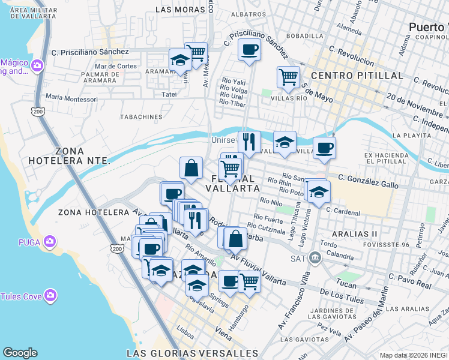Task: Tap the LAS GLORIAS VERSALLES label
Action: click(x=193, y=353)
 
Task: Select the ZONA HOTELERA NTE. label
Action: click(x=82, y=155)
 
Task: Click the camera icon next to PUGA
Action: click(x=50, y=242)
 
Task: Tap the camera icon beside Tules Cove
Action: click(x=50, y=295)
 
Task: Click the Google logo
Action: click(x=20, y=353)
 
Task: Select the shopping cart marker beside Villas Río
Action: click(x=288, y=77)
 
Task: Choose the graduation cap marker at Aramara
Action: click(x=179, y=60)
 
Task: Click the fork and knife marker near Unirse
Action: click(x=249, y=142)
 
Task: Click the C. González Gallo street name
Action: click(x=368, y=181)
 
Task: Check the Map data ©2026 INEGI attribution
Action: click(x=414, y=355)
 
